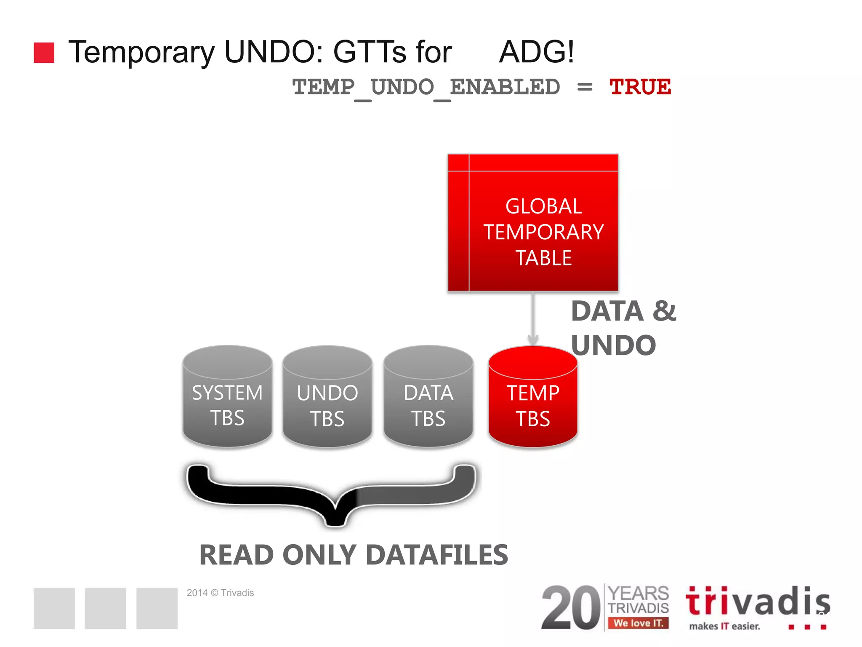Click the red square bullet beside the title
(x=44, y=53)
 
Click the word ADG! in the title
(x=536, y=52)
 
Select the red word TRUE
(x=640, y=87)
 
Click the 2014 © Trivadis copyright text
(x=220, y=593)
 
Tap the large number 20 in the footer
(x=571, y=607)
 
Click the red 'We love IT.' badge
(x=638, y=623)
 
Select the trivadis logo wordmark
(x=758, y=602)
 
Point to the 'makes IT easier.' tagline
(x=724, y=626)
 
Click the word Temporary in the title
(x=141, y=52)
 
